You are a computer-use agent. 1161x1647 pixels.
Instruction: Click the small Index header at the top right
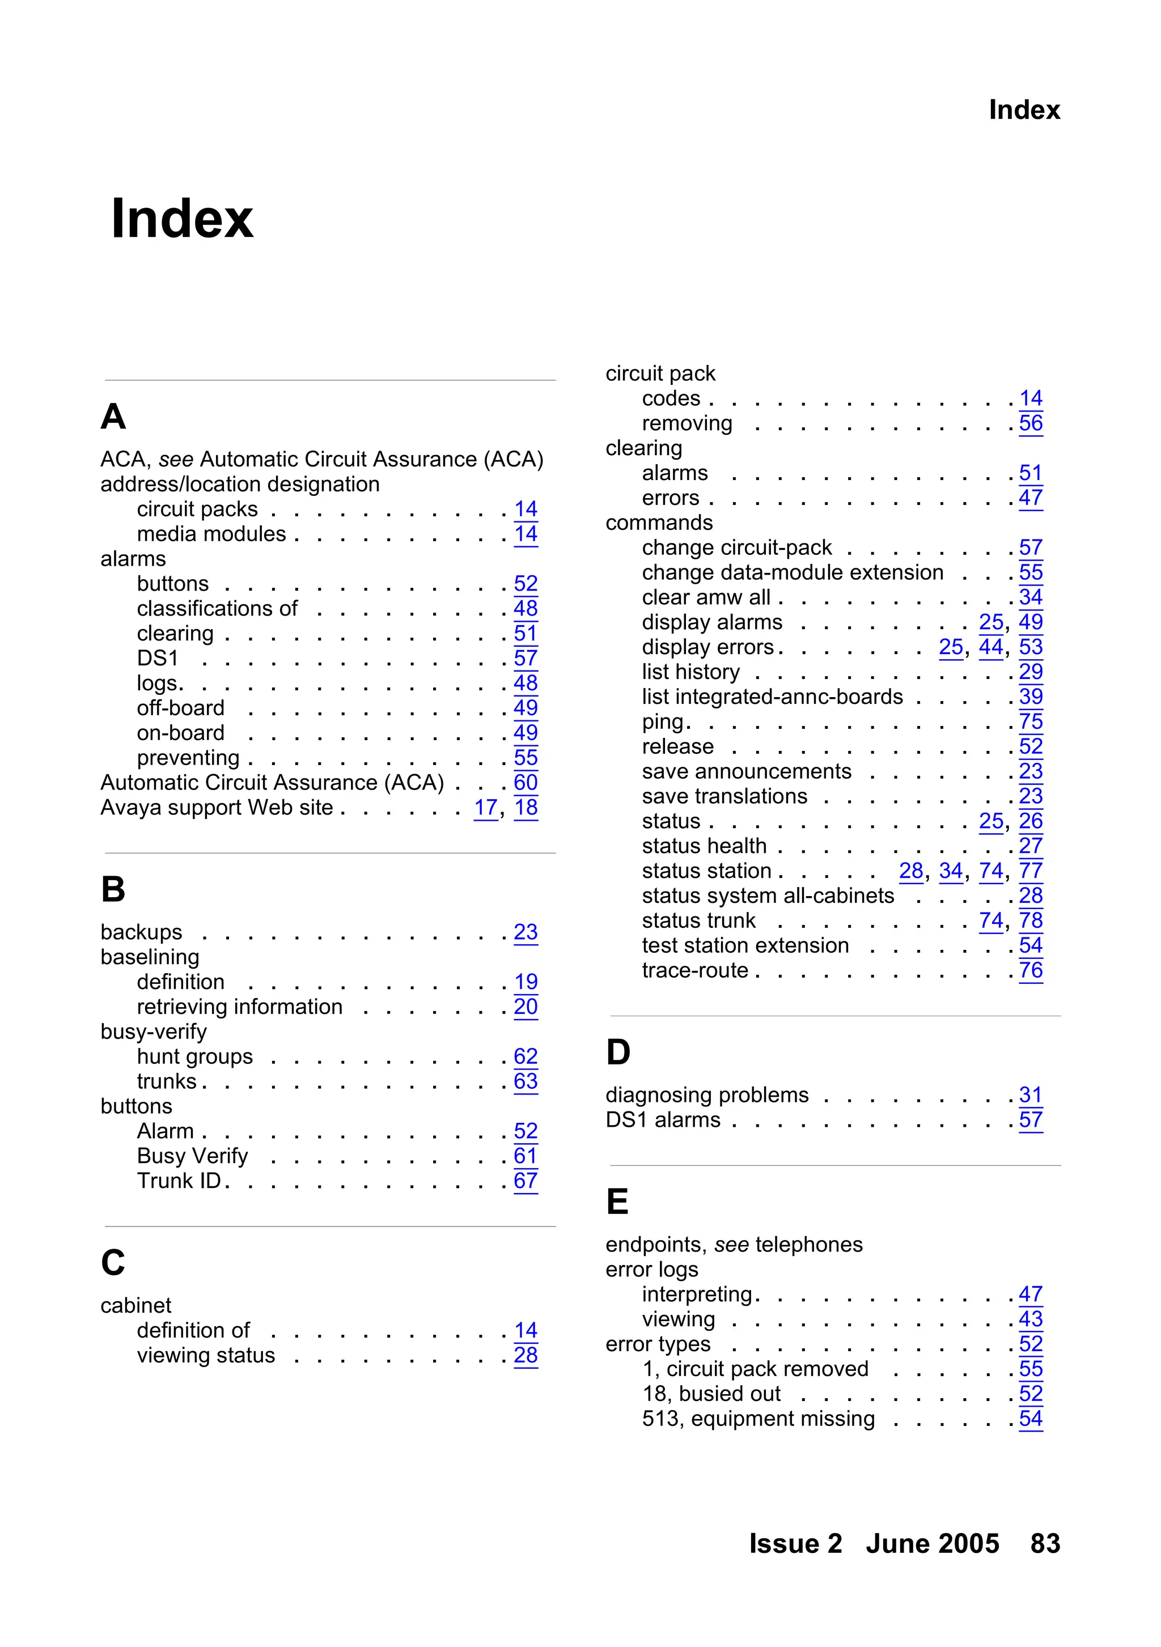pyautogui.click(x=1023, y=110)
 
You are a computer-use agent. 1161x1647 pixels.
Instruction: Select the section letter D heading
pyautogui.click(x=618, y=1052)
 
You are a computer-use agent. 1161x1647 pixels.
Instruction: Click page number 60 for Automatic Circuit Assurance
pyautogui.click(x=526, y=783)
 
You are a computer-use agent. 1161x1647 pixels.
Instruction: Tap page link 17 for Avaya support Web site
pyautogui.click(x=486, y=808)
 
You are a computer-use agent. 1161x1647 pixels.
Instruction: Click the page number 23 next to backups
pyautogui.click(x=526, y=932)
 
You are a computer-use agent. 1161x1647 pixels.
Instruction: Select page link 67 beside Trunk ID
pyautogui.click(x=526, y=1181)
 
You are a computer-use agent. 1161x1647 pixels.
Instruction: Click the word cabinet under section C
pyautogui.click(x=135, y=1306)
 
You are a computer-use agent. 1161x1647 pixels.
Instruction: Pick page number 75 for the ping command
pyautogui.click(x=1031, y=721)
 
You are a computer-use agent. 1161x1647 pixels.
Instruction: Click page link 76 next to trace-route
pyautogui.click(x=1031, y=970)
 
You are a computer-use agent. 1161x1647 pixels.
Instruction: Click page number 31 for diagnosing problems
pyautogui.click(x=1031, y=1096)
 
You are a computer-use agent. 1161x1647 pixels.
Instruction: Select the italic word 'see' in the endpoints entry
pyautogui.click(x=731, y=1245)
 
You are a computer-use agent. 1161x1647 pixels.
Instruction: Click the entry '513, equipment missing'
pyautogui.click(x=758, y=1419)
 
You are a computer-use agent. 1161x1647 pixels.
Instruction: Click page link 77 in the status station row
pyautogui.click(x=1031, y=871)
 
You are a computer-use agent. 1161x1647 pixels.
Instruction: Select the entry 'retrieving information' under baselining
pyautogui.click(x=240, y=1007)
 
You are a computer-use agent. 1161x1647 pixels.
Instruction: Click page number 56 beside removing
pyautogui.click(x=1031, y=423)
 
